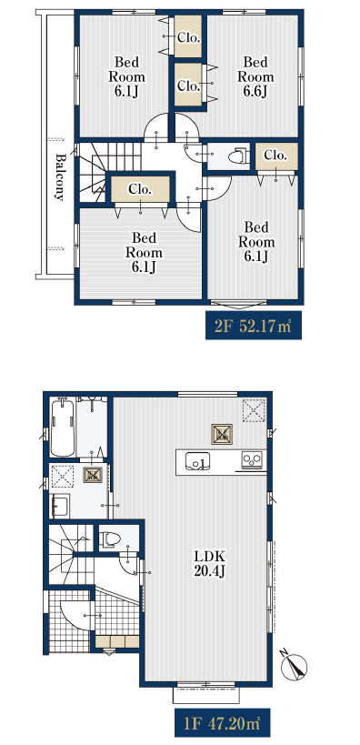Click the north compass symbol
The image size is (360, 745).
(x=294, y=666)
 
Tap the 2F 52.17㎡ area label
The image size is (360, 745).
(x=253, y=326)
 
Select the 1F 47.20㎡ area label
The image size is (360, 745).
(x=222, y=722)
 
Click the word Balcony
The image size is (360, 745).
(x=60, y=176)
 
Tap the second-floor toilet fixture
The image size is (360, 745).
(x=238, y=156)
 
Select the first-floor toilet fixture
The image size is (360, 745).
(x=110, y=539)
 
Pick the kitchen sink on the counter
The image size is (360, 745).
(x=198, y=461)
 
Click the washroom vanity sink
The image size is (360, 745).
(x=60, y=506)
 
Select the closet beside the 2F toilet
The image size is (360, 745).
(x=276, y=156)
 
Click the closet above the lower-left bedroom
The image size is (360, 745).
(x=140, y=189)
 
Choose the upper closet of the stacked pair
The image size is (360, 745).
(x=188, y=36)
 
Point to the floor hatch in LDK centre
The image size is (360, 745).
(x=222, y=434)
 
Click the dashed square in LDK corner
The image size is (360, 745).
(x=254, y=410)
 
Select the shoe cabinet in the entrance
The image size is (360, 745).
(x=117, y=642)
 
